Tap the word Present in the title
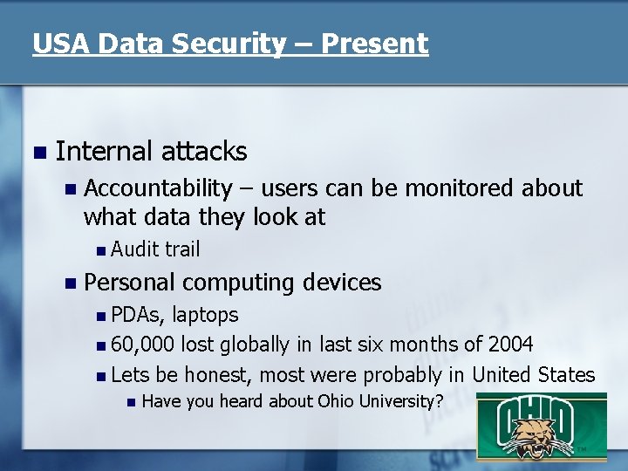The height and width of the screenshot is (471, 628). (375, 44)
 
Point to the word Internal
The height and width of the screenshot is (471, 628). (105, 151)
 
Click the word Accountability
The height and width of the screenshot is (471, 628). (158, 188)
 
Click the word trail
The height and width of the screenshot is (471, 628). (182, 249)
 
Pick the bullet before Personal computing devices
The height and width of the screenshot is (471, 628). (70, 283)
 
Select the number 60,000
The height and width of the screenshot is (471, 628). (143, 345)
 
